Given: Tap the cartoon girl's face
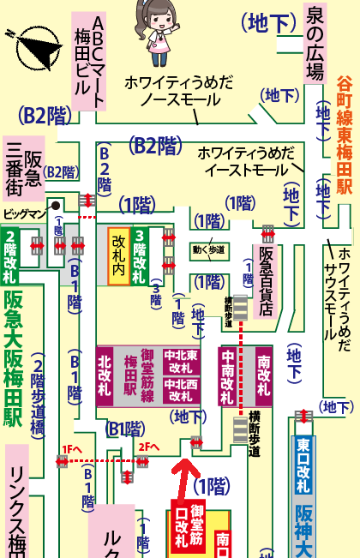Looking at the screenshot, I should [x=158, y=20].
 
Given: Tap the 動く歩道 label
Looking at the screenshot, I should [x=209, y=250].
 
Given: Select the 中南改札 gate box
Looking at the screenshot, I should [x=229, y=376].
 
